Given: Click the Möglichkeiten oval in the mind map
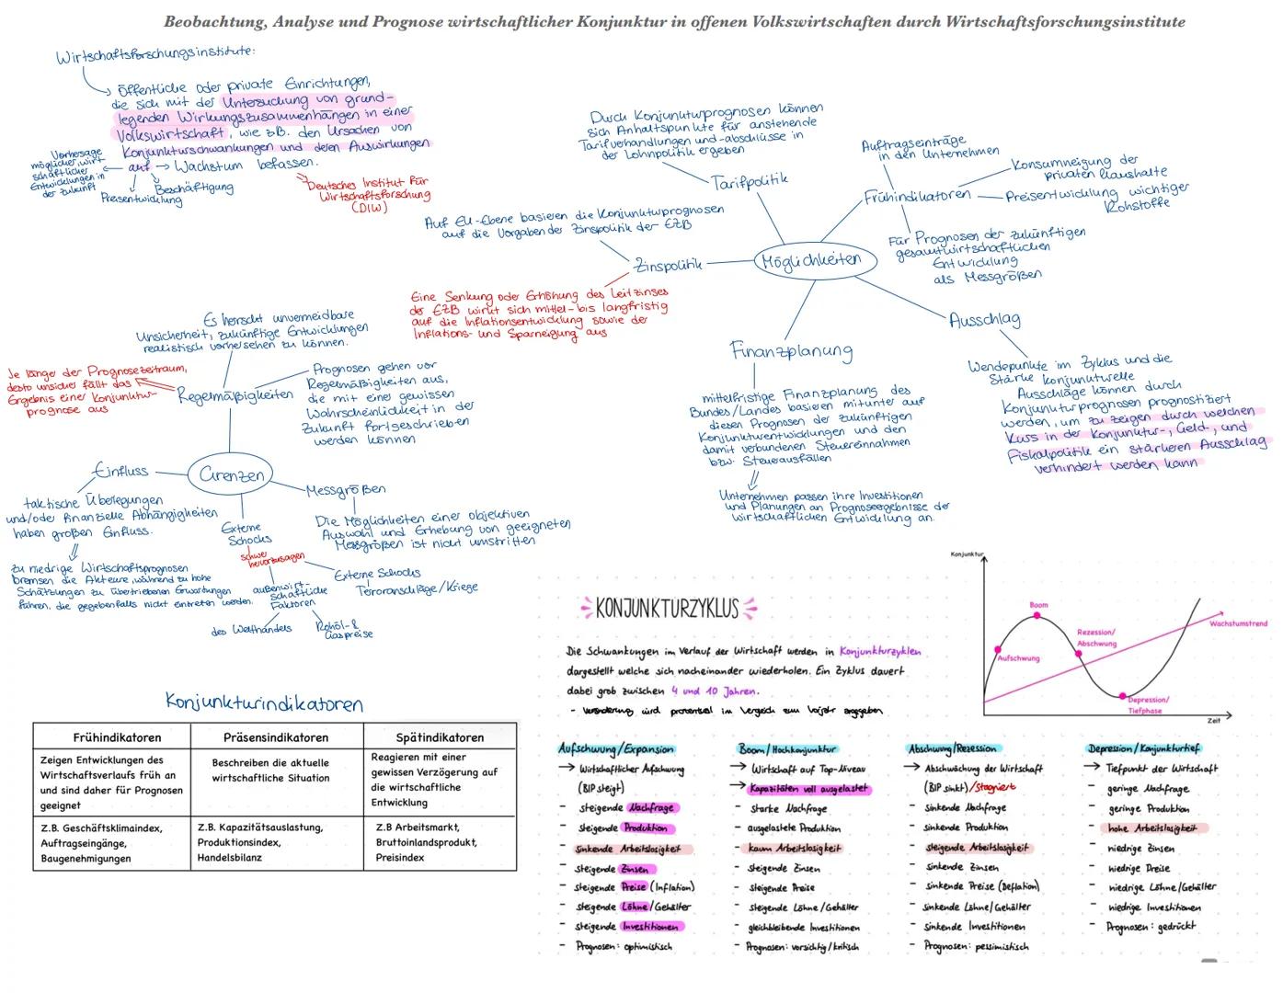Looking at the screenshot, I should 810,260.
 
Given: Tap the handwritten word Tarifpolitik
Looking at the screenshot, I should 750,181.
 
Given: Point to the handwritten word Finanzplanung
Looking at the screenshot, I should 791,350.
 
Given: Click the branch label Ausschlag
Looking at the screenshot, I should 984,320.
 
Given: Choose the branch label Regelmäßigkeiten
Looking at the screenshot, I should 235,395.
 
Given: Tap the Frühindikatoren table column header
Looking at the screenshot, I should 117,737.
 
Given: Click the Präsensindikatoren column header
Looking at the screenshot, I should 276,737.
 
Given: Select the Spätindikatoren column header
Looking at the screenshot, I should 440,737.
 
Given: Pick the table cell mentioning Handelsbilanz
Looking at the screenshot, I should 276,843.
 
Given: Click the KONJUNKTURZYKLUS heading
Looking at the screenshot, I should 667,609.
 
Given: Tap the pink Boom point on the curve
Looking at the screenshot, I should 1037,616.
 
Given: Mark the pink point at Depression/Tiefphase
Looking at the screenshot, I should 1122,696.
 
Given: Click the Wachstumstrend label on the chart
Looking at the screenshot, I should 1238,623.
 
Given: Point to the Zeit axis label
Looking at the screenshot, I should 1214,721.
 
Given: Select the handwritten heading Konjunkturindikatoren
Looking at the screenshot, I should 264,703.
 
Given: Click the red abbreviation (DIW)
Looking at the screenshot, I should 369,208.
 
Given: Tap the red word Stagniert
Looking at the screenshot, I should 997,788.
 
